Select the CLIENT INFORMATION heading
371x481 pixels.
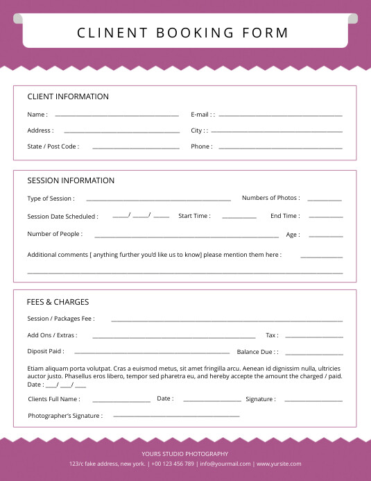(68, 96)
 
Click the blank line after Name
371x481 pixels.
(117, 115)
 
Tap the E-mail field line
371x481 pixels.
(280, 115)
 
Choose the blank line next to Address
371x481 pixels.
(121, 131)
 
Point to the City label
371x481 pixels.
(198, 130)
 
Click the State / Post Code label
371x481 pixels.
(53, 146)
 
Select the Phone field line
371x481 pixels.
(280, 147)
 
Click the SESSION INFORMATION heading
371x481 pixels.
(71, 180)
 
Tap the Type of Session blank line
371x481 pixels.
(155, 200)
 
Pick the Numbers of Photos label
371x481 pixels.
(270, 199)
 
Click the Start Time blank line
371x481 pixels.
(239, 218)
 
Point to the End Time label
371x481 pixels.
(285, 216)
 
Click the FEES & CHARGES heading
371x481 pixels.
(58, 302)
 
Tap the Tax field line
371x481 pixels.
(313, 337)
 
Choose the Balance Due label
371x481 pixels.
(257, 352)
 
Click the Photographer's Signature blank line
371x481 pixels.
(176, 416)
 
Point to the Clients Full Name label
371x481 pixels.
(53, 399)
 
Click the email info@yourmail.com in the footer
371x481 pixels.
(225, 464)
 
